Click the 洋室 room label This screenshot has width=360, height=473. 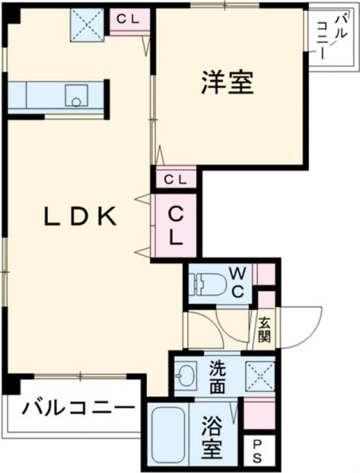227,83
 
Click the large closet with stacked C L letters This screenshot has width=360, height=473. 176,225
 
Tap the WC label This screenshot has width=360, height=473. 237,282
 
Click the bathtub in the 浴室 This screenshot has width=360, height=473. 169,436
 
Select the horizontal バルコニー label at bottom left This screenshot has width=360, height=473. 78,407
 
